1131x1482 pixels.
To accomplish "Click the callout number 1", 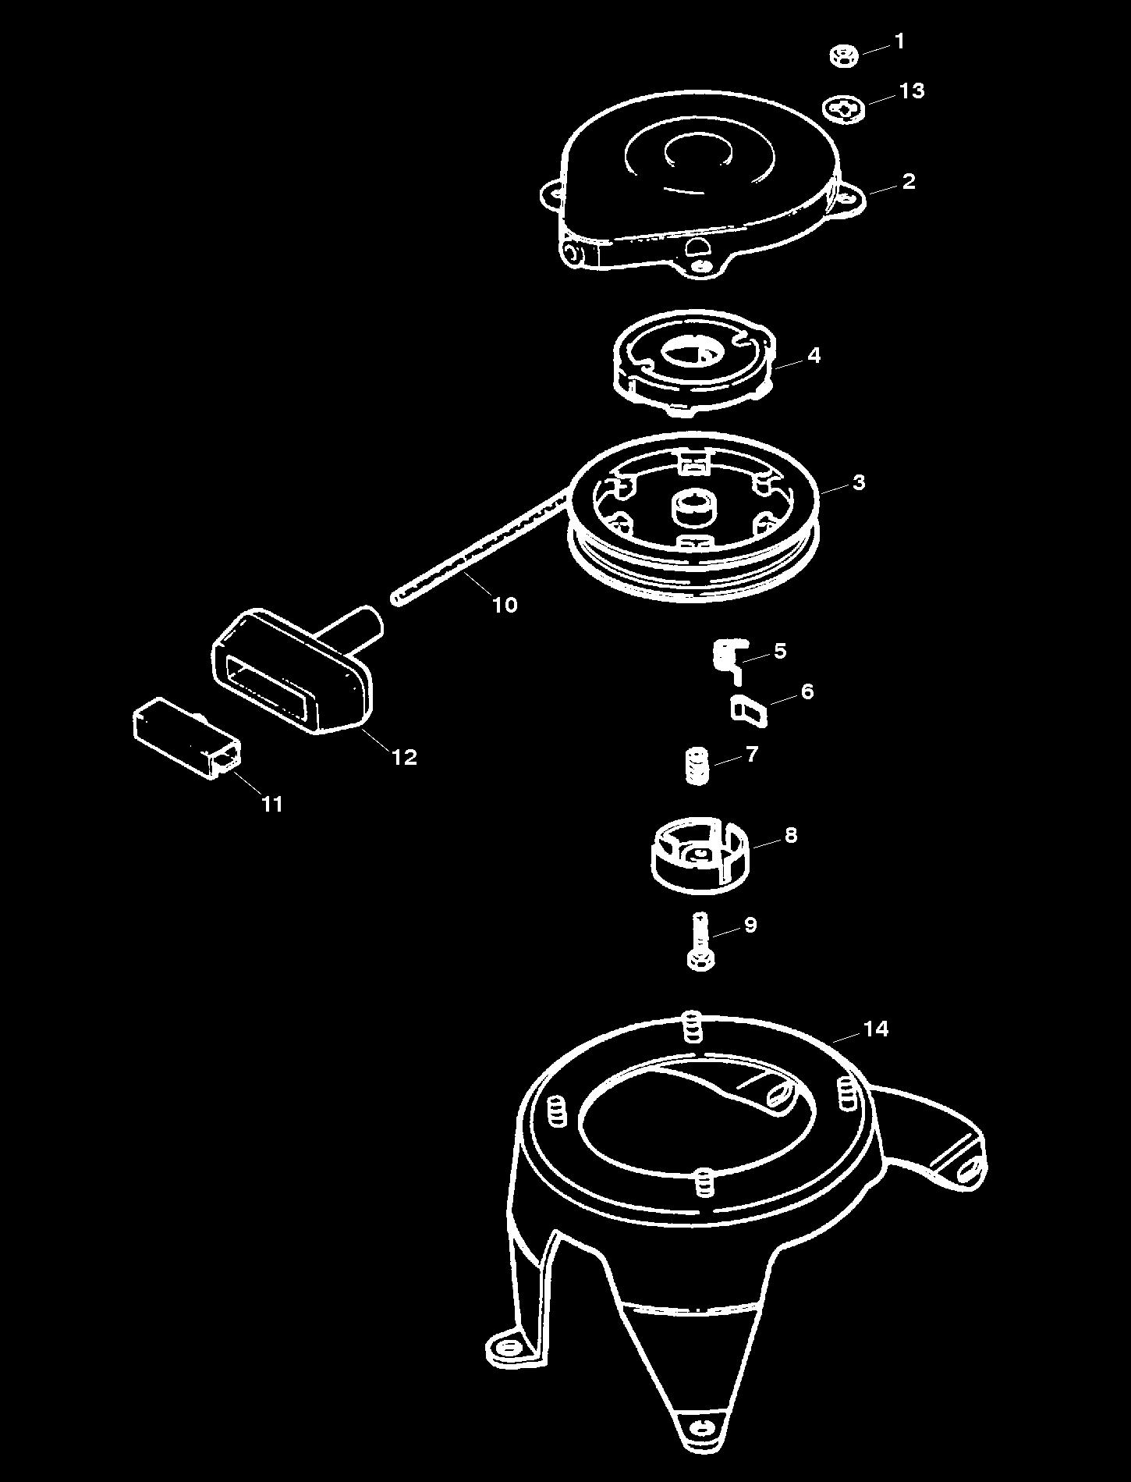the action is point(900,41).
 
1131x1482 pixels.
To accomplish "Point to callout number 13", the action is point(911,91).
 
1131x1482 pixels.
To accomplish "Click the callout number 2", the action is point(908,182).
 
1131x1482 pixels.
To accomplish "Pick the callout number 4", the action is point(814,356).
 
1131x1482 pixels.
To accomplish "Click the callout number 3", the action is point(859,482).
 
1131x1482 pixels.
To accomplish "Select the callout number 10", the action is point(505,605).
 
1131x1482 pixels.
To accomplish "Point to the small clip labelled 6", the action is point(747,710).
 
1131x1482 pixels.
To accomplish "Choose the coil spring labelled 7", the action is point(697,766).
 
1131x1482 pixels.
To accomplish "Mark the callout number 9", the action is point(750,925).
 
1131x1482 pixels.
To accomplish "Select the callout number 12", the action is point(404,756).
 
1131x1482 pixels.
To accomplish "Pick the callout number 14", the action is point(875,1029).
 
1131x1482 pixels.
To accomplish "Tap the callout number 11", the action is point(271,804).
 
